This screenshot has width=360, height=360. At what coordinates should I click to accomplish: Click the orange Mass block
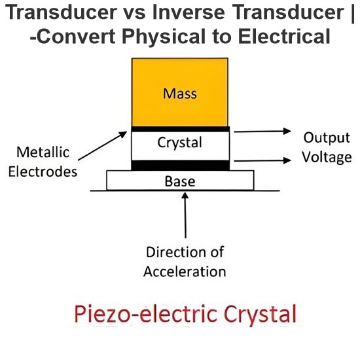pyautogui.click(x=180, y=92)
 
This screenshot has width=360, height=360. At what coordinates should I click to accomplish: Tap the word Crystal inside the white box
pyautogui.click(x=180, y=143)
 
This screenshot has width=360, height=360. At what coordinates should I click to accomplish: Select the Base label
pyautogui.click(x=180, y=181)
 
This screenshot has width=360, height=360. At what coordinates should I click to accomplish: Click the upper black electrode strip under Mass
pyautogui.click(x=180, y=129)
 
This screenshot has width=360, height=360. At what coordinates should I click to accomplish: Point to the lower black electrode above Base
pyautogui.click(x=180, y=166)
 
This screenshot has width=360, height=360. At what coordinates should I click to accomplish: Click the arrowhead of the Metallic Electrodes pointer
pyautogui.click(x=124, y=134)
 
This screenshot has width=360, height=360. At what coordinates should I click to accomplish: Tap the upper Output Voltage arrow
pyautogui.click(x=262, y=132)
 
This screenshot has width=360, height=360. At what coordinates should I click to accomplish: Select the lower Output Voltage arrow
pyautogui.click(x=262, y=160)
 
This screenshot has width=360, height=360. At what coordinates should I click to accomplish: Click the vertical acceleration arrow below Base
pyautogui.click(x=185, y=215)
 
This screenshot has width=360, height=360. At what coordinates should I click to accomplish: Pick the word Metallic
pyautogui.click(x=43, y=153)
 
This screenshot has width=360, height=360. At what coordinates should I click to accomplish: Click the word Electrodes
pyautogui.click(x=43, y=171)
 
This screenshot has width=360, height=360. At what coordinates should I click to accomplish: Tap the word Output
pyautogui.click(x=327, y=138)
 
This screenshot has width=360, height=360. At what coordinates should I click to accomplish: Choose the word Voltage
pyautogui.click(x=327, y=157)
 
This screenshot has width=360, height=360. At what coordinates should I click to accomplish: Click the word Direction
pyautogui.click(x=175, y=252)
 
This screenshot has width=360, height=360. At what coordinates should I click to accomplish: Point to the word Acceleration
pyautogui.click(x=185, y=272)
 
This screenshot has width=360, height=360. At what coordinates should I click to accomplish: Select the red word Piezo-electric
pyautogui.click(x=145, y=314)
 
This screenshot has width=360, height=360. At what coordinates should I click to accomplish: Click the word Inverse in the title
pyautogui.click(x=189, y=12)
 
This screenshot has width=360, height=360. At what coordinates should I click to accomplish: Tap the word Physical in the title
pyautogui.click(x=164, y=37)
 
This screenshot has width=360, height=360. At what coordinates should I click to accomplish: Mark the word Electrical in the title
pyautogui.click(x=284, y=37)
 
